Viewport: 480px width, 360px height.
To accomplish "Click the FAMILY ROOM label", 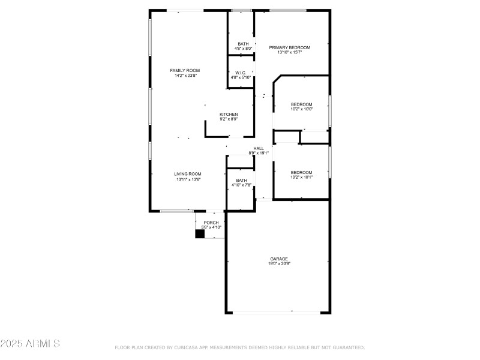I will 185,70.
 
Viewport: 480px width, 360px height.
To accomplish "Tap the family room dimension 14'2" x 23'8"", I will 185,76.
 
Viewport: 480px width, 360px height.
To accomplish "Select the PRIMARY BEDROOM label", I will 289,47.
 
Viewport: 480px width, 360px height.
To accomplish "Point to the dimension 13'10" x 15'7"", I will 289,53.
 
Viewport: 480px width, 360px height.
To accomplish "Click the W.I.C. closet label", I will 241,73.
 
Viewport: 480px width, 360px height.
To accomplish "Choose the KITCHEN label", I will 229,114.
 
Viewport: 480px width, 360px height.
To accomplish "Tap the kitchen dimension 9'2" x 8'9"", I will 229,119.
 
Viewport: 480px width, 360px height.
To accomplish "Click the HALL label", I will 259,148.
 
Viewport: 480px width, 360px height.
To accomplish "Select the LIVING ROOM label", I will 188,173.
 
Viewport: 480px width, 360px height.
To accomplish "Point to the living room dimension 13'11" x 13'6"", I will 188,179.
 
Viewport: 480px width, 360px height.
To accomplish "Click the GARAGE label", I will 278,259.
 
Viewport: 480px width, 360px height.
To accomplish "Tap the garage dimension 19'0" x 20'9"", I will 278,264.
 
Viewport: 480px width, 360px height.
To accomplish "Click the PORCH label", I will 211,223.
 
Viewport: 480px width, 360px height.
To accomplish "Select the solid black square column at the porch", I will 200,234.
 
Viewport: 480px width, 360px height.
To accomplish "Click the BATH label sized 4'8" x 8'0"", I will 243,43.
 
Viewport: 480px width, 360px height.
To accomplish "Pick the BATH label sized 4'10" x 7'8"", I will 241,180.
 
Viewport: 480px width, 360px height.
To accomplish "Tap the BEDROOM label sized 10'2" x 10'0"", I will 301,104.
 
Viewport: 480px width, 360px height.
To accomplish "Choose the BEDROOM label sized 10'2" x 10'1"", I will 301,172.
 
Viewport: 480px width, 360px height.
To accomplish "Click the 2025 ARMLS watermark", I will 30,344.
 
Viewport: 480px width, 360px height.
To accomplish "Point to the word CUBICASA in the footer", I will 191,347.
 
